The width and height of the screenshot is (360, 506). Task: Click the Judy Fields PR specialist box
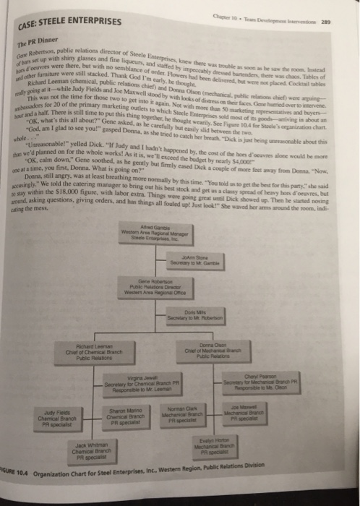55,417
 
